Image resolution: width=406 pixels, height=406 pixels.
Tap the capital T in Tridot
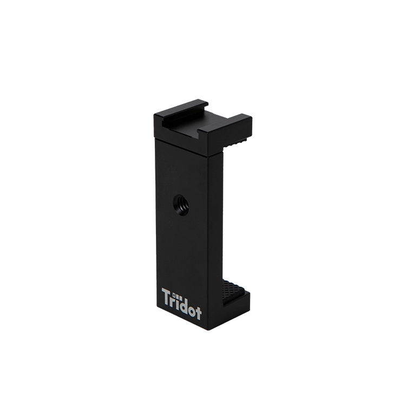(x=167, y=297)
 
